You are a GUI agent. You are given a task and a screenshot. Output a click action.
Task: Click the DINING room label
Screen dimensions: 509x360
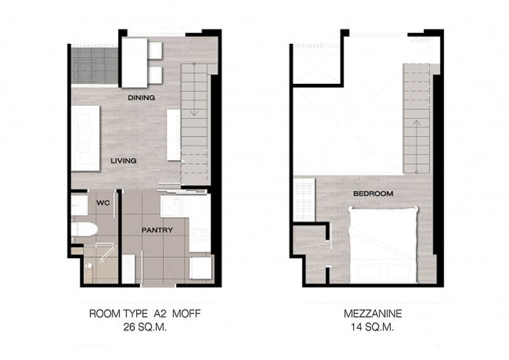[x=141, y=98]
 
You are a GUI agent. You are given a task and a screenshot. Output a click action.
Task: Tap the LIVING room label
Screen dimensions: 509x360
[x=123, y=161]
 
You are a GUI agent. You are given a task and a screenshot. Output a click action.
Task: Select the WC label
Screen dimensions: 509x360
[x=103, y=203]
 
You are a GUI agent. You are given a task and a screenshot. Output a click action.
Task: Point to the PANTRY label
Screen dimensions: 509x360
[x=157, y=230]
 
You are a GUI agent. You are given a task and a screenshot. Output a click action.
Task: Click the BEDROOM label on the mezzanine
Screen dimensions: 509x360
[x=373, y=193]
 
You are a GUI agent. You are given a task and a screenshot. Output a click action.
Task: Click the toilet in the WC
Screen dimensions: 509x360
[x=85, y=229]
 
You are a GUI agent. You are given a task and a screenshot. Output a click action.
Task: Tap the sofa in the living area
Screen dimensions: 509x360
[x=86, y=138]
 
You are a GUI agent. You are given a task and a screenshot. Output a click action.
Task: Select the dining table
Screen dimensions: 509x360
[x=135, y=63]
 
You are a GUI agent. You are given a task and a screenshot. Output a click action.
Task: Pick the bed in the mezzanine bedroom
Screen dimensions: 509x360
[x=383, y=244]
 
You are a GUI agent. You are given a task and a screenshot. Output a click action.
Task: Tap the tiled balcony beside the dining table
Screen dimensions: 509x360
[x=95, y=66]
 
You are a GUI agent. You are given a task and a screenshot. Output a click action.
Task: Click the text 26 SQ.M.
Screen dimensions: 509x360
[x=145, y=327]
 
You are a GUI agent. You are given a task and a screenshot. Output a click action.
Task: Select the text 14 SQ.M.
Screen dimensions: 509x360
[x=372, y=327]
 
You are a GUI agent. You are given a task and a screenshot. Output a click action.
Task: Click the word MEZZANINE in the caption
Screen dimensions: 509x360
[x=373, y=314]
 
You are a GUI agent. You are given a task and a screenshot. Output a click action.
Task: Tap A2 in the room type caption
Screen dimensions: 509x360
[x=160, y=314]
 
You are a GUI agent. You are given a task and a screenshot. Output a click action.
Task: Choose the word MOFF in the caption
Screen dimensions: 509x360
[x=186, y=314]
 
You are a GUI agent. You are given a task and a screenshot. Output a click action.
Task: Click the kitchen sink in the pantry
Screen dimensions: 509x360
[x=172, y=207]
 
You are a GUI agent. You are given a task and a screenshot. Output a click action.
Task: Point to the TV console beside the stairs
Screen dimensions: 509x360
[x=174, y=135]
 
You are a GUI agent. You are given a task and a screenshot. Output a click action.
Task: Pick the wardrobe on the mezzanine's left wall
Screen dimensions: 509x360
[x=304, y=200]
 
